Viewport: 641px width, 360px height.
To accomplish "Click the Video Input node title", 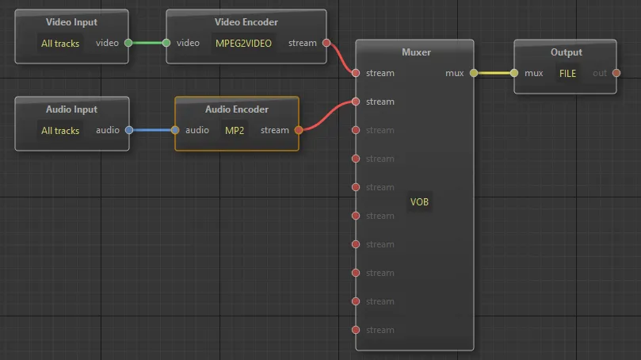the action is click(x=71, y=22).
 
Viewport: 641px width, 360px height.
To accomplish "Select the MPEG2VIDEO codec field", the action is click(x=244, y=44).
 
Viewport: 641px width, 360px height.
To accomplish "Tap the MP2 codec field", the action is click(x=235, y=131).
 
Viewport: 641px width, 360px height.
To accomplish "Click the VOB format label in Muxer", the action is click(x=419, y=202).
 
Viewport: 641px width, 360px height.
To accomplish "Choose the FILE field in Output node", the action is click(x=567, y=74).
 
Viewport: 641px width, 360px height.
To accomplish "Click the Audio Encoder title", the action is click(x=237, y=109).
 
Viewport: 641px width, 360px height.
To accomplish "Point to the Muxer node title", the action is click(x=416, y=52).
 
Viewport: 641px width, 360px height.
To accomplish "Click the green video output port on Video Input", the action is click(x=128, y=43).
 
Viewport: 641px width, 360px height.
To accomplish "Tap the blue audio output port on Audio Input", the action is click(x=129, y=130).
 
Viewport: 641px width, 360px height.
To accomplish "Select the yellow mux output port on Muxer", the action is click(x=474, y=73).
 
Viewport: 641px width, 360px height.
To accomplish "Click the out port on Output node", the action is click(x=616, y=73).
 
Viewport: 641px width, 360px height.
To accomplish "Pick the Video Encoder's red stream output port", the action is click(x=326, y=43).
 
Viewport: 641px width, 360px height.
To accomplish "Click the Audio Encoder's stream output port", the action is click(x=299, y=130).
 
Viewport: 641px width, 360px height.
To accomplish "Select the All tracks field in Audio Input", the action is click(x=60, y=131).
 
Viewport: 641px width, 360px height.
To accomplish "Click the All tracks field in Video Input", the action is click(x=60, y=44).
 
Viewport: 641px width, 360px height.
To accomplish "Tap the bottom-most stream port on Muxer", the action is click(x=356, y=330).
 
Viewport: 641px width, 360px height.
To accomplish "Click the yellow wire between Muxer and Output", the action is click(x=494, y=73).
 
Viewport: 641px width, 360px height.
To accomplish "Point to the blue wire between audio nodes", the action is click(x=152, y=130).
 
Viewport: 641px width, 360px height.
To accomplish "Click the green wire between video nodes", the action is click(x=147, y=43).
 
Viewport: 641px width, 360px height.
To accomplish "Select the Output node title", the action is click(x=567, y=52).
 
